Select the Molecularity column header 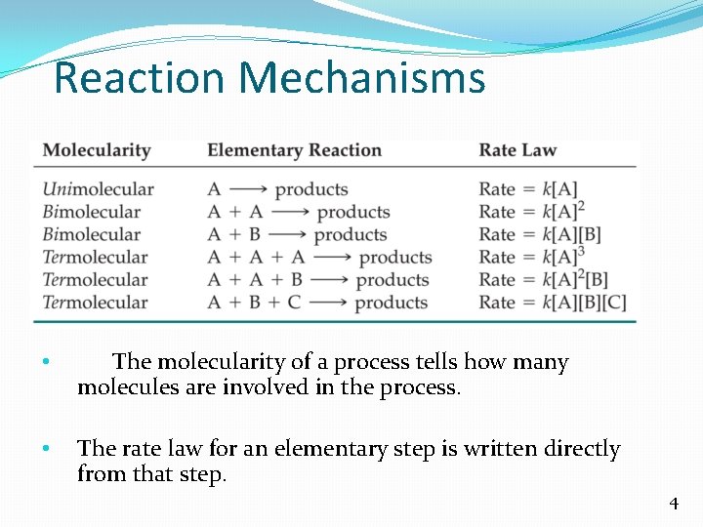(97, 150)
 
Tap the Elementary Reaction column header (294, 150)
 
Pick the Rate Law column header (517, 150)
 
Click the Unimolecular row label (98, 189)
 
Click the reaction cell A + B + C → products (317, 303)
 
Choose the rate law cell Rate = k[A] (528, 189)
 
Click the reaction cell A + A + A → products (319, 258)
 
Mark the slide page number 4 (673, 504)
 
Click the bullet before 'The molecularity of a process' (46, 363)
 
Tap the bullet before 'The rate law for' (46, 450)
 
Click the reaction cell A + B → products (297, 235)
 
